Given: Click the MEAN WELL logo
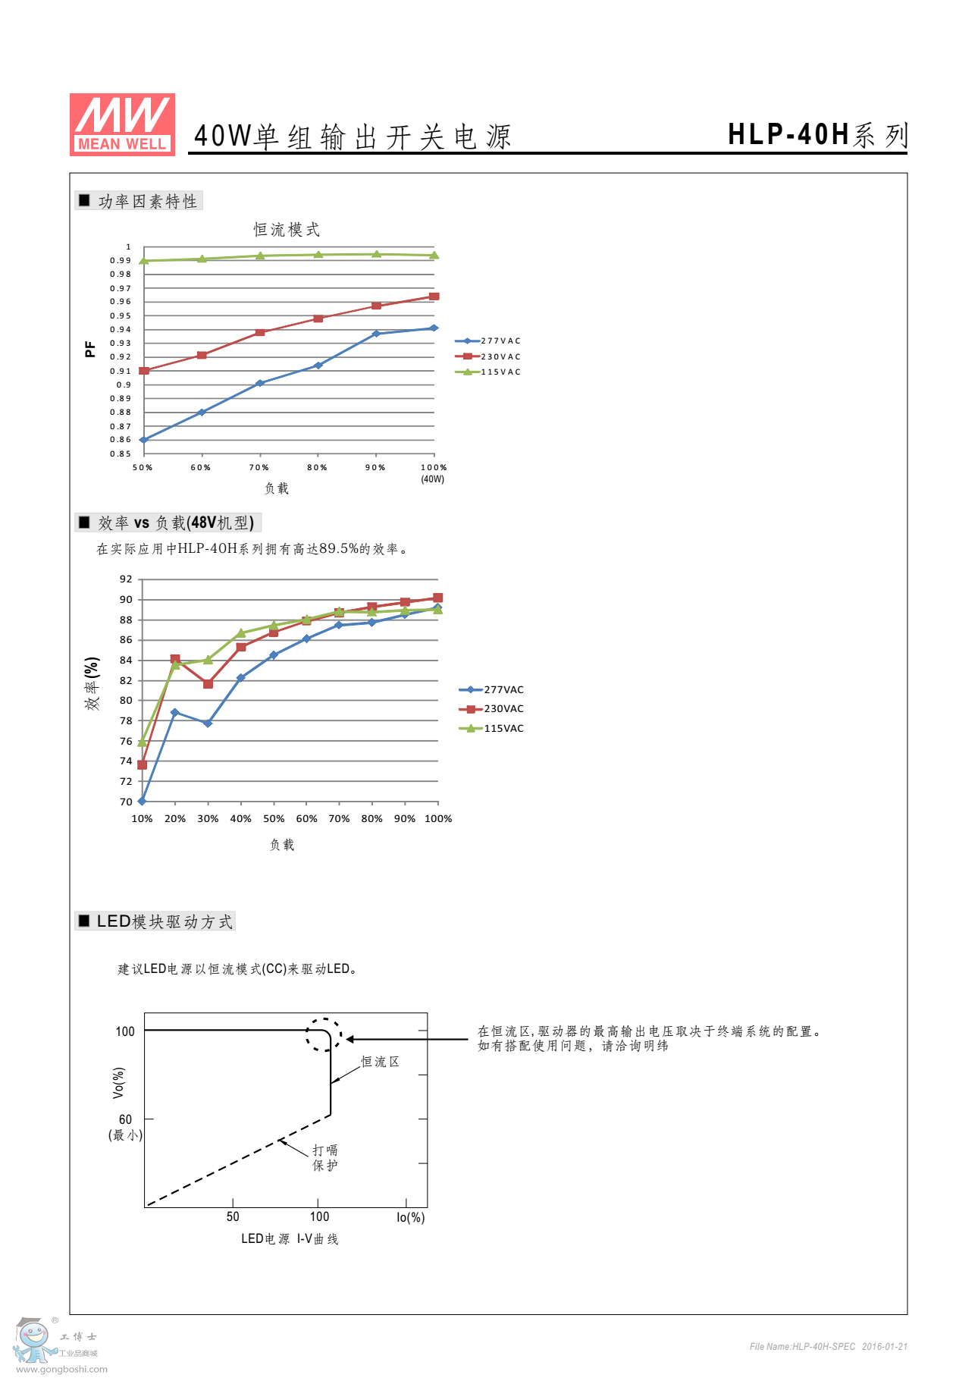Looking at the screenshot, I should click(x=122, y=124).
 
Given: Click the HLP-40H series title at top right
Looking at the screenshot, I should click(x=817, y=135).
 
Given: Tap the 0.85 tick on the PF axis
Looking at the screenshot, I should click(x=121, y=454).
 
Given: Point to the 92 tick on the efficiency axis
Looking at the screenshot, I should click(x=126, y=579).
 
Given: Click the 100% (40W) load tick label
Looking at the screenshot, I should click(x=434, y=472).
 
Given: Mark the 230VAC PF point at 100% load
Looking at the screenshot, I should click(x=434, y=297).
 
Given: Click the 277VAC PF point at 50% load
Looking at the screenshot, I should click(x=143, y=440).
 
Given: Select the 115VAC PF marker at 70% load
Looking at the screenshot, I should click(x=260, y=256).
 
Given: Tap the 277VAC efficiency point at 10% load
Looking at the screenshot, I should click(x=142, y=801).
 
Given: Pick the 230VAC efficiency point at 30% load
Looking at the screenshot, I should click(x=208, y=684).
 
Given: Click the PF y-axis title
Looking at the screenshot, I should click(x=90, y=349).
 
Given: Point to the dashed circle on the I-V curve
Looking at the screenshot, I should click(x=324, y=1035).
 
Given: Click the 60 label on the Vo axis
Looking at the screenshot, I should click(x=125, y=1119).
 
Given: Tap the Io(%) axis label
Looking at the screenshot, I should click(x=410, y=1217).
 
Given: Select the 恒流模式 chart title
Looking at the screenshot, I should click(x=287, y=230).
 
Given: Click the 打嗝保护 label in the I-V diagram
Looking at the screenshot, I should click(x=325, y=1158).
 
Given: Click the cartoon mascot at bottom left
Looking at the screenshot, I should click(x=33, y=1341).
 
